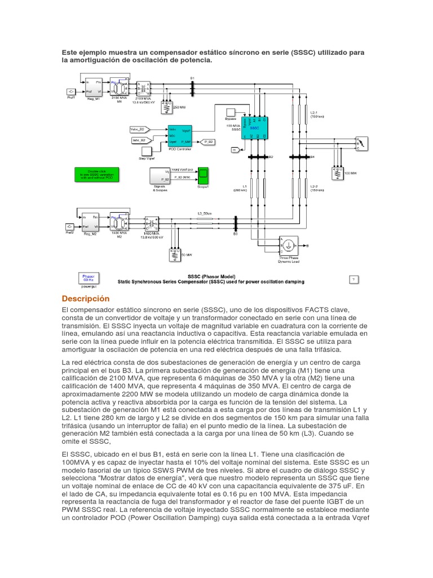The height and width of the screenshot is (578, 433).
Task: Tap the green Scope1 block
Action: tap(203, 176)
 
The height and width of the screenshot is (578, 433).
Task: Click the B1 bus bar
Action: tap(192, 87)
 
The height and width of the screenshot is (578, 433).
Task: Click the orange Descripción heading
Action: tap(85, 298)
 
